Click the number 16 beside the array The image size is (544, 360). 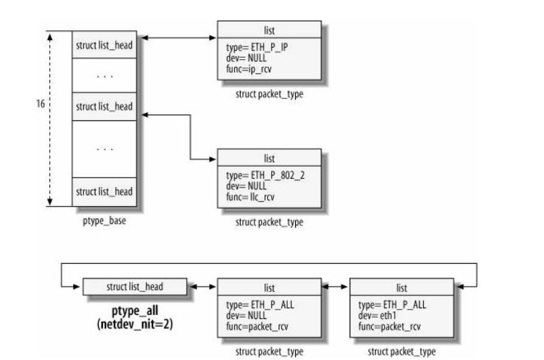pos(42,106)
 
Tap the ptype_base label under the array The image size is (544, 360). pos(104,219)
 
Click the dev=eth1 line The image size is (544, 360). pos(375,308)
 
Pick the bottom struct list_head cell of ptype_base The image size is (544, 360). pos(104,192)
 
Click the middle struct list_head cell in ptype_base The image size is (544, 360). pos(104,106)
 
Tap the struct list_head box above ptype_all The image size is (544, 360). pos(135,287)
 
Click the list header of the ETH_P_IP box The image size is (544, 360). pos(269,30)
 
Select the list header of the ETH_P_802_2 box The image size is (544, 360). pos(269,158)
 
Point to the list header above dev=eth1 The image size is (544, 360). pos(403,287)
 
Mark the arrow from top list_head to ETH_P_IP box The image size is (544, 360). pos(180,39)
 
